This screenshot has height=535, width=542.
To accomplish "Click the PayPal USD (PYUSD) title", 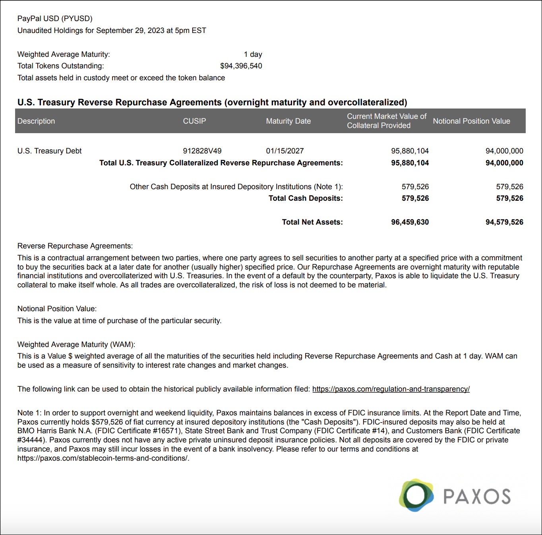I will (x=55, y=19).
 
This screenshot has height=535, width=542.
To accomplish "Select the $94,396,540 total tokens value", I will (x=241, y=66).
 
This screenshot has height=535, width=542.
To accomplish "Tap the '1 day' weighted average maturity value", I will (x=253, y=54).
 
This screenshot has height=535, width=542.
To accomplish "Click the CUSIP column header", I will (x=194, y=121).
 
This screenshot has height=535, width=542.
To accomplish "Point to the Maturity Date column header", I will (x=288, y=121).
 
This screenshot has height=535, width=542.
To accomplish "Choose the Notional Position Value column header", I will (x=471, y=121).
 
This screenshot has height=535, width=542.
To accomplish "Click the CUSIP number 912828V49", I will (x=202, y=151).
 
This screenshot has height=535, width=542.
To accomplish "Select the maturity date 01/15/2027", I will (x=285, y=151).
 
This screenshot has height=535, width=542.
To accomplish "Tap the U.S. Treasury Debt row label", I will (x=49, y=151).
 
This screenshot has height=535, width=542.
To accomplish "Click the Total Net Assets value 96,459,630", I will (x=410, y=222).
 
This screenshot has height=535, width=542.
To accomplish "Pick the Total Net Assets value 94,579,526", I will (x=504, y=222).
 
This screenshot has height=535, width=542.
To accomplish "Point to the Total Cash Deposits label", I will (x=305, y=198).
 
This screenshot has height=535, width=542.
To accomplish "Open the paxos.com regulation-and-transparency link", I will (x=391, y=389).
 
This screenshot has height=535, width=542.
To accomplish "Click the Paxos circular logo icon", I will (x=416, y=495).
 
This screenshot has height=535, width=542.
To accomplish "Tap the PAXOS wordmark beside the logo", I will (x=477, y=496).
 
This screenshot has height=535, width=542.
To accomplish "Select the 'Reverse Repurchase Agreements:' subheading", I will (x=75, y=246).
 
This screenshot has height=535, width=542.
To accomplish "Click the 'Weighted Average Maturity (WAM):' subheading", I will (x=76, y=345).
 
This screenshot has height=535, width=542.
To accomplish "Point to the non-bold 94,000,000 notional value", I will (x=504, y=151).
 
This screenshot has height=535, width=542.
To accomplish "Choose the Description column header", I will (x=36, y=121).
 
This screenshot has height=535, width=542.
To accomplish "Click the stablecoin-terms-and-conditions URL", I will (x=103, y=458).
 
